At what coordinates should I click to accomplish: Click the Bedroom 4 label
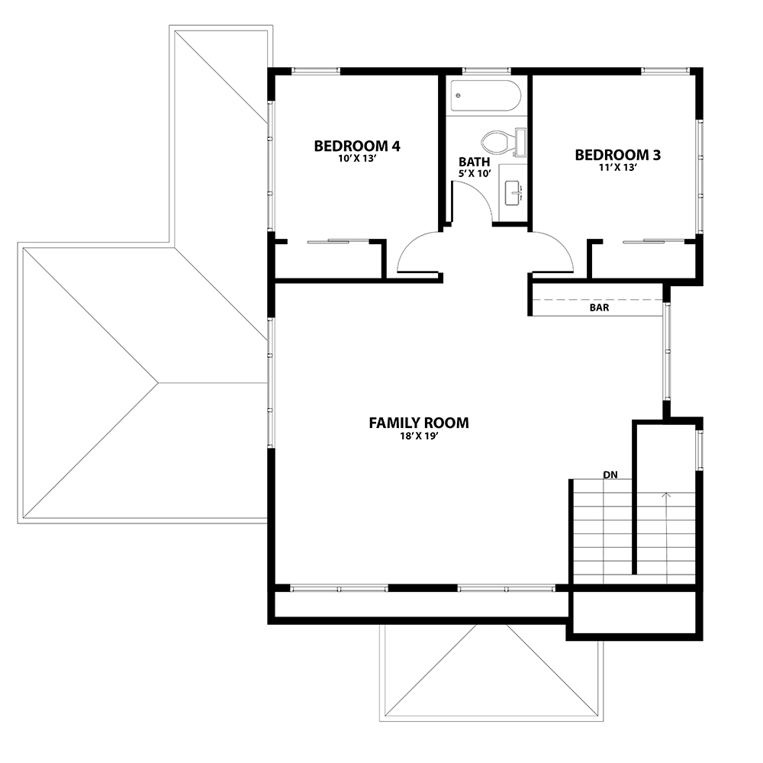tap(357, 146)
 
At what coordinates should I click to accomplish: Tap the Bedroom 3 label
tap(618, 155)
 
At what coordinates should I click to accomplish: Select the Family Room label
tap(419, 423)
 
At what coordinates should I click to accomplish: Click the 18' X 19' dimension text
tap(419, 436)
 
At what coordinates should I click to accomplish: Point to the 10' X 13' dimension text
tap(357, 159)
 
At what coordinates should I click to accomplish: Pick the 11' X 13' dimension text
tap(618, 168)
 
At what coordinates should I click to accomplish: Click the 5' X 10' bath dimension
tap(475, 173)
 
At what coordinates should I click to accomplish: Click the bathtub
tap(486, 96)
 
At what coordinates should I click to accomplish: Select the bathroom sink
tap(513, 193)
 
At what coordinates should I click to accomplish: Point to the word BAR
tap(599, 308)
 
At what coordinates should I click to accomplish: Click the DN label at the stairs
tap(610, 475)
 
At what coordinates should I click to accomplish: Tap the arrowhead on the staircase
tap(666, 495)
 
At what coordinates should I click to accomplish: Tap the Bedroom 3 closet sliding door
tap(655, 241)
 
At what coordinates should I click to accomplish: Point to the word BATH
tap(475, 162)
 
